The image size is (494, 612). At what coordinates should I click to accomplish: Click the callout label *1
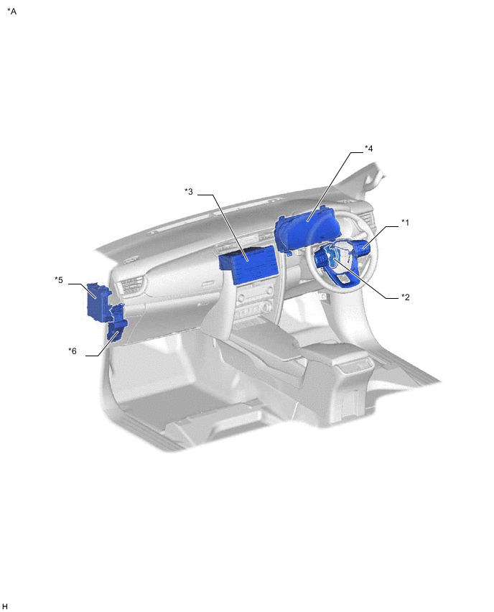[406, 223]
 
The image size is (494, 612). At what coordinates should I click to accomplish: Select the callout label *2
[406, 297]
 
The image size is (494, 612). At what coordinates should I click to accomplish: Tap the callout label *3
[188, 192]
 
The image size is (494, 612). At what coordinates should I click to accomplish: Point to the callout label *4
[369, 149]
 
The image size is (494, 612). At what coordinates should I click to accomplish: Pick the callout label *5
[59, 280]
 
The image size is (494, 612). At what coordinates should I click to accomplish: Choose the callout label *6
[73, 351]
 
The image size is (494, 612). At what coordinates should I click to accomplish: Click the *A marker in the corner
[11, 11]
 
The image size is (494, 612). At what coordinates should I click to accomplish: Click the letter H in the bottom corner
[5, 606]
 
